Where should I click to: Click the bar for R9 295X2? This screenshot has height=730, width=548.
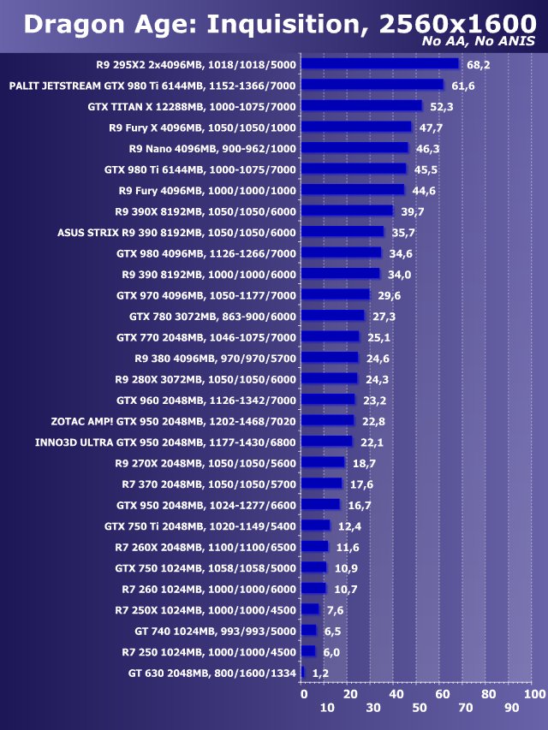380,64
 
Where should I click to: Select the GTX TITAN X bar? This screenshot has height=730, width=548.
361,106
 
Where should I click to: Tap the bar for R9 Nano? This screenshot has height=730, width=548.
354,148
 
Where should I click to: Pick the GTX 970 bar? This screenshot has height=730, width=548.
336,294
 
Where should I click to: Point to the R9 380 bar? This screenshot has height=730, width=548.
330,358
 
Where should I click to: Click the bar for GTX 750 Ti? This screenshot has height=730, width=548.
315,525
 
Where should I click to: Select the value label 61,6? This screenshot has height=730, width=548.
463,86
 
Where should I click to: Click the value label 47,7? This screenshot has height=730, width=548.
431,128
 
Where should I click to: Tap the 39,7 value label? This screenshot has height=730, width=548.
413,211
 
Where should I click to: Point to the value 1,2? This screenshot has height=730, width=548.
319,674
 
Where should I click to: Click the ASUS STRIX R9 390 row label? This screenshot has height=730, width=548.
176,232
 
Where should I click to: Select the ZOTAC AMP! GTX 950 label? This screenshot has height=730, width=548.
173,421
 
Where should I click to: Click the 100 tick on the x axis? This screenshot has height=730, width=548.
533,693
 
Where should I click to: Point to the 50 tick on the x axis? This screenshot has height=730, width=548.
419,708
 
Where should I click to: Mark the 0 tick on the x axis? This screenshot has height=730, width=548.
303,693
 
